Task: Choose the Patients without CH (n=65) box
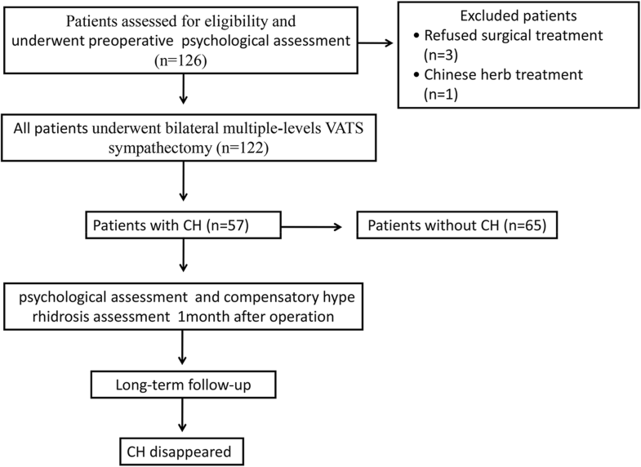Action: point(456,226)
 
